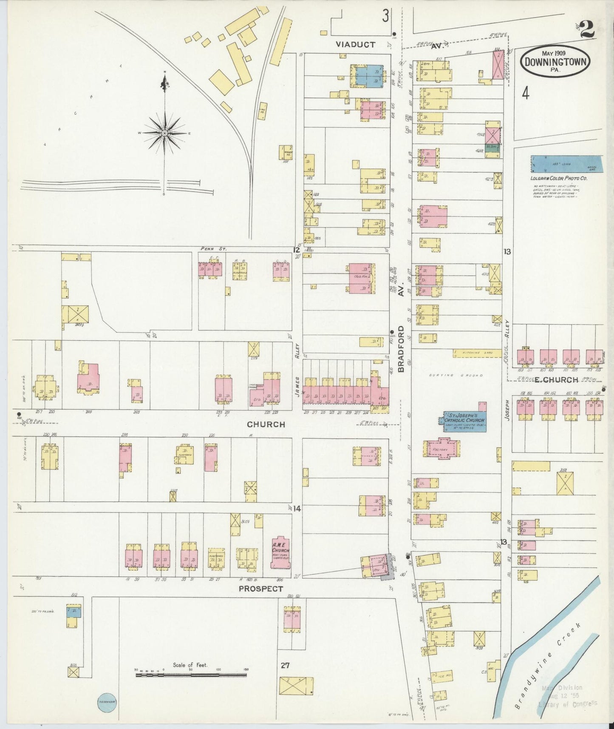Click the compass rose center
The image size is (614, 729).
tap(164, 133)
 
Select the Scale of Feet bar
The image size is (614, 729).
tap(191, 675)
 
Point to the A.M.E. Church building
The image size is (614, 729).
tap(280, 552)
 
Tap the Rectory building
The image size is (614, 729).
tap(441, 449)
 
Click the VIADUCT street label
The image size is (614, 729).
tap(355, 44)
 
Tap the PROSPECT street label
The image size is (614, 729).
tap(260, 589)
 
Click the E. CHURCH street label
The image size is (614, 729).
tap(556, 380)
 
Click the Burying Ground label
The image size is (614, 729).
tap(462, 376)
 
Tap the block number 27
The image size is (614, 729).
tap(285, 665)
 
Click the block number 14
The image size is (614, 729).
tap(297, 508)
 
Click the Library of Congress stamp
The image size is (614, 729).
tap(567, 696)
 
